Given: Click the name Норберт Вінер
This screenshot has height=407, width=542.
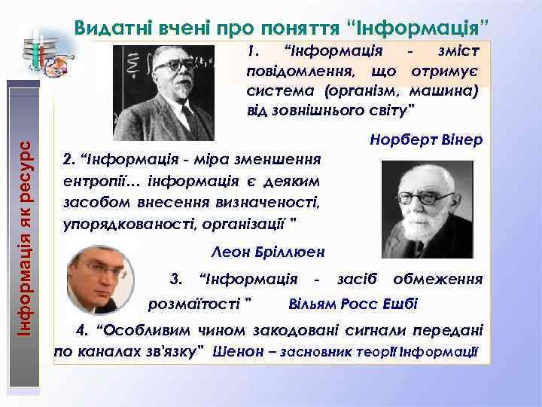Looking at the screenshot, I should (426, 141).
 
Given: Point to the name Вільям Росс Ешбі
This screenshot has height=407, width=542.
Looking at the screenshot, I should (353, 304).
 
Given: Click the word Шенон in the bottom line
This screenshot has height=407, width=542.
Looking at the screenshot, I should (235, 351).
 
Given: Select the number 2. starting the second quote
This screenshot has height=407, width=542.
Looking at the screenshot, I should (69, 160).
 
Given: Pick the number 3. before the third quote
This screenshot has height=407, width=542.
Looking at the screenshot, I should (178, 279).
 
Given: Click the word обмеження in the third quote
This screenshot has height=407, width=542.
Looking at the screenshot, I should (437, 279).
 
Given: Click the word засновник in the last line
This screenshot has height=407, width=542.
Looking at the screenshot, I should (309, 351).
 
